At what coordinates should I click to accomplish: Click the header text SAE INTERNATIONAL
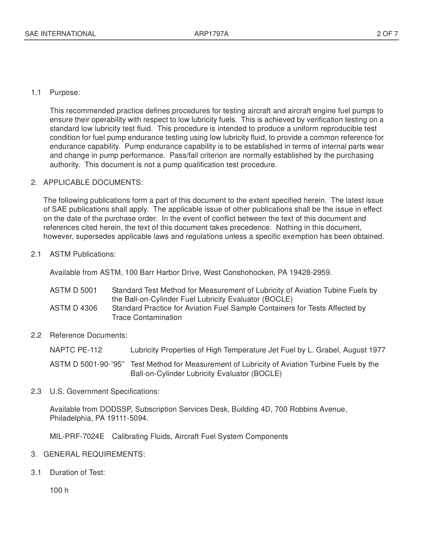click(60, 34)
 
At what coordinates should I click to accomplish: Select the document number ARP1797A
click(211, 34)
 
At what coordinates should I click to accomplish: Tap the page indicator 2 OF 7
click(387, 34)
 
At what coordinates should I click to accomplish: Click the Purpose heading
click(65, 93)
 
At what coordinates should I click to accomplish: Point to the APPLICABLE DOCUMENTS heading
click(93, 183)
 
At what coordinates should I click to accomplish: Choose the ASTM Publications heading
click(82, 254)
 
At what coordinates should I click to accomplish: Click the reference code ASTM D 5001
click(73, 290)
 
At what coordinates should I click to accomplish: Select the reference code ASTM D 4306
click(73, 308)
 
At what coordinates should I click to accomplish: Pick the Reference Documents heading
click(88, 335)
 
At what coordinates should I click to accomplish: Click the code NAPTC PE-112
click(76, 350)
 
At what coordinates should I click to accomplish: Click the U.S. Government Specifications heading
click(104, 392)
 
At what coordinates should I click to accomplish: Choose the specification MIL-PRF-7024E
click(77, 437)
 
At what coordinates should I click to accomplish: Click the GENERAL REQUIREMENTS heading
click(94, 454)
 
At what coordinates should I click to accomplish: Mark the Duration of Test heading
click(77, 473)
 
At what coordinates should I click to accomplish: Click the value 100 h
click(59, 491)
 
